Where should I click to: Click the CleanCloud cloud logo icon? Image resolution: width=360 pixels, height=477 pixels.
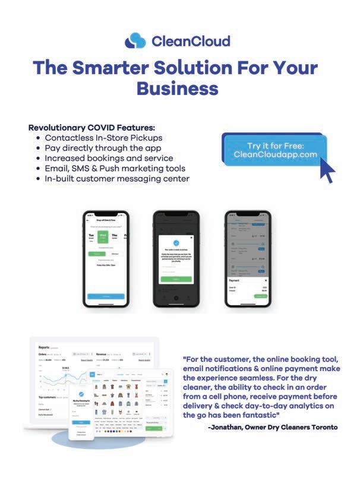coord(135,40)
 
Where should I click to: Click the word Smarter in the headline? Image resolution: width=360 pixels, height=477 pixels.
coord(113,67)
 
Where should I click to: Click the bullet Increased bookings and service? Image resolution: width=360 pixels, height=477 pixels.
coord(109,158)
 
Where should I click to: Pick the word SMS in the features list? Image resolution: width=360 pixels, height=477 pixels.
coord(80,168)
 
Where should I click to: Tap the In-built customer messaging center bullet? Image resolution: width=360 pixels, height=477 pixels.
coord(117,178)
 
